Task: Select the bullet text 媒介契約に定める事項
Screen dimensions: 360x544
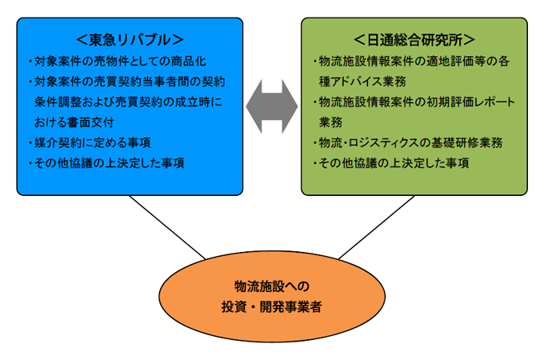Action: tap(89, 142)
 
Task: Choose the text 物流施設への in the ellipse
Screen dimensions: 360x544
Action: tap(271, 286)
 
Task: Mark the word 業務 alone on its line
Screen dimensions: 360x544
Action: tap(330, 122)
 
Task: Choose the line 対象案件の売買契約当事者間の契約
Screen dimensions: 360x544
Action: tap(129, 81)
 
